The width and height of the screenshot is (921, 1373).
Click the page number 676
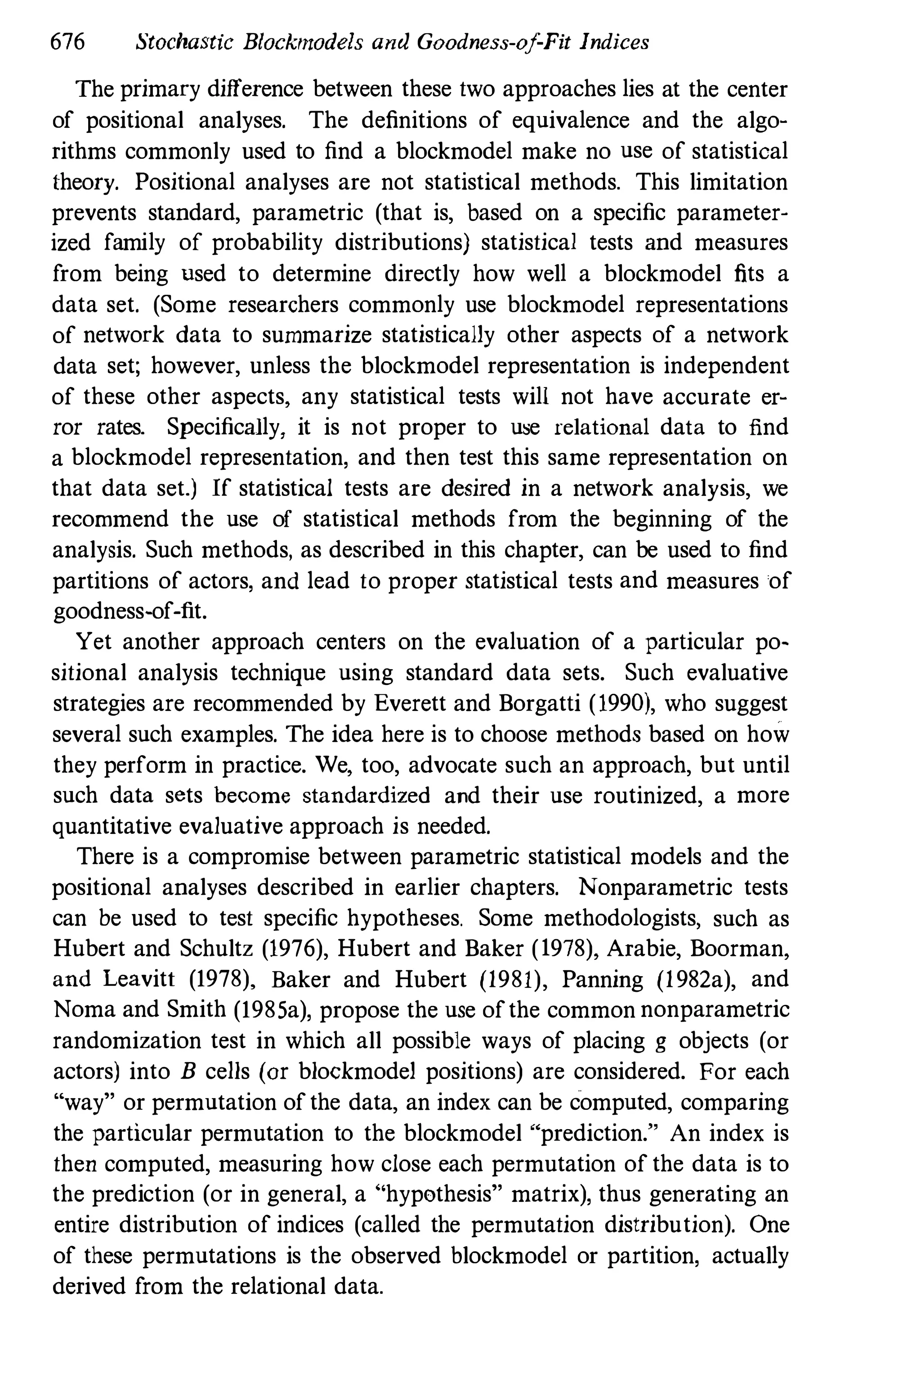(68, 43)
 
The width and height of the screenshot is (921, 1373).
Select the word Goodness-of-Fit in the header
(493, 43)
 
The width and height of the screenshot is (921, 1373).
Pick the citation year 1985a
(271, 1010)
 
